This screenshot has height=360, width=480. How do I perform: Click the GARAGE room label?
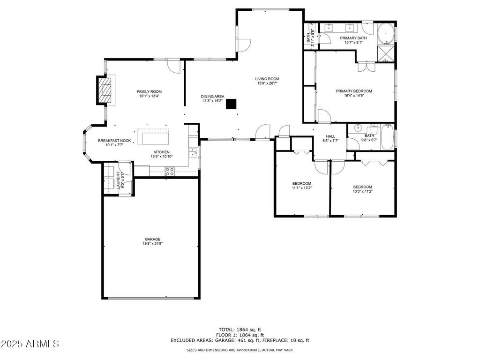pos(152,239)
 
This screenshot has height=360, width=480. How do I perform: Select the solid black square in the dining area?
pos(231,104)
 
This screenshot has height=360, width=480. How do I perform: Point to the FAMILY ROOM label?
pos(149,91)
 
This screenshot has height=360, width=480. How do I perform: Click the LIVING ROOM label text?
pos(267,79)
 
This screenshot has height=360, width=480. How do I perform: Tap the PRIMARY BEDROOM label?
pos(354,91)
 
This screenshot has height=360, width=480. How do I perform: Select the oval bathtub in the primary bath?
pos(385,34)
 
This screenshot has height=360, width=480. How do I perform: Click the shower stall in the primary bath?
pos(385,53)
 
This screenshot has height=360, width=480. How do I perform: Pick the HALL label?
pos(330,136)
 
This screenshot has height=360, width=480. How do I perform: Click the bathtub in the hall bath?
pos(387,137)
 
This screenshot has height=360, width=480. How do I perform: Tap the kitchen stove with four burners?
pos(170,172)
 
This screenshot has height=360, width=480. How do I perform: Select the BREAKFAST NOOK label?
pos(114,141)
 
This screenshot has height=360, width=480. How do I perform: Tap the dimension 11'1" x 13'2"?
pos(301,188)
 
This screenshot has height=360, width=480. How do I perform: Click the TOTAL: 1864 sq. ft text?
pos(240,330)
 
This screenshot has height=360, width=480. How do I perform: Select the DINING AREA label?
pos(212,97)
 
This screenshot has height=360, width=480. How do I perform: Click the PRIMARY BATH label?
pos(353,38)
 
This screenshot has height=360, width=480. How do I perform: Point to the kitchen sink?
pos(193,152)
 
